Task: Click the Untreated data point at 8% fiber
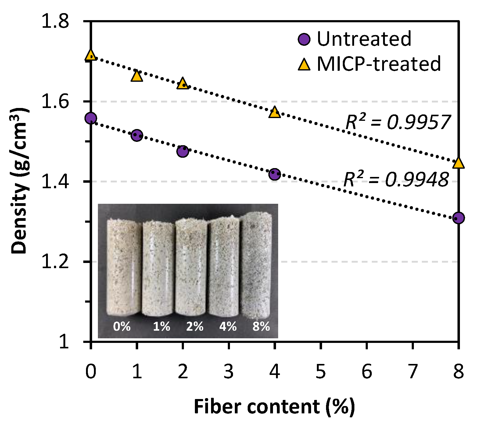458,218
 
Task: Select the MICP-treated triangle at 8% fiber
458,163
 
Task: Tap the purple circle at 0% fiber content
91,118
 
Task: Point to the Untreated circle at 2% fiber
182,151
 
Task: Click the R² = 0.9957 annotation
398,122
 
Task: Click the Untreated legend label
364,39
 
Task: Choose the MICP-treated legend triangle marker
304,65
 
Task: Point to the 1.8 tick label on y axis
55,22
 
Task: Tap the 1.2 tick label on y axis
55,262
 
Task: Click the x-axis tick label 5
321,372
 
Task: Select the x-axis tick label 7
412,372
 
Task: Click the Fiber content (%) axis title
274,407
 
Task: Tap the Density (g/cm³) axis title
20,182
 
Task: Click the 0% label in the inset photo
122,327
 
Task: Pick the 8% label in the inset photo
261,327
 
